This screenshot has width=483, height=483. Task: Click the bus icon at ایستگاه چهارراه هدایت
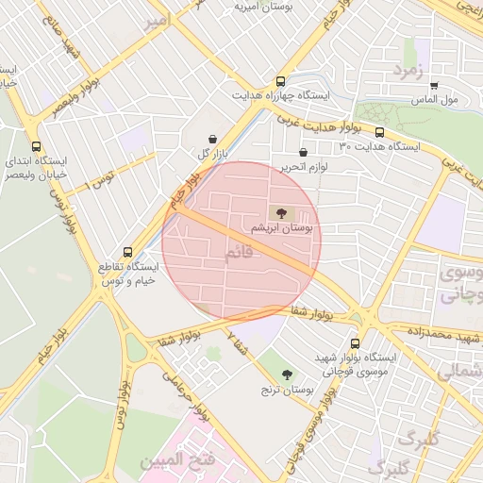click(279, 82)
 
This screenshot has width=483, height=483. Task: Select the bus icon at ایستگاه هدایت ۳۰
click(379, 132)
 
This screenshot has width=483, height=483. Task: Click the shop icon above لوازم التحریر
click(303, 152)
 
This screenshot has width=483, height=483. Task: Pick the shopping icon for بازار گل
click(209, 139)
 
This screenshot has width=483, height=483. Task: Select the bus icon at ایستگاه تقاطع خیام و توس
click(128, 252)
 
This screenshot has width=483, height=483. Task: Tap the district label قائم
click(241, 255)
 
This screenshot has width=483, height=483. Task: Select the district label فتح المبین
click(172, 461)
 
